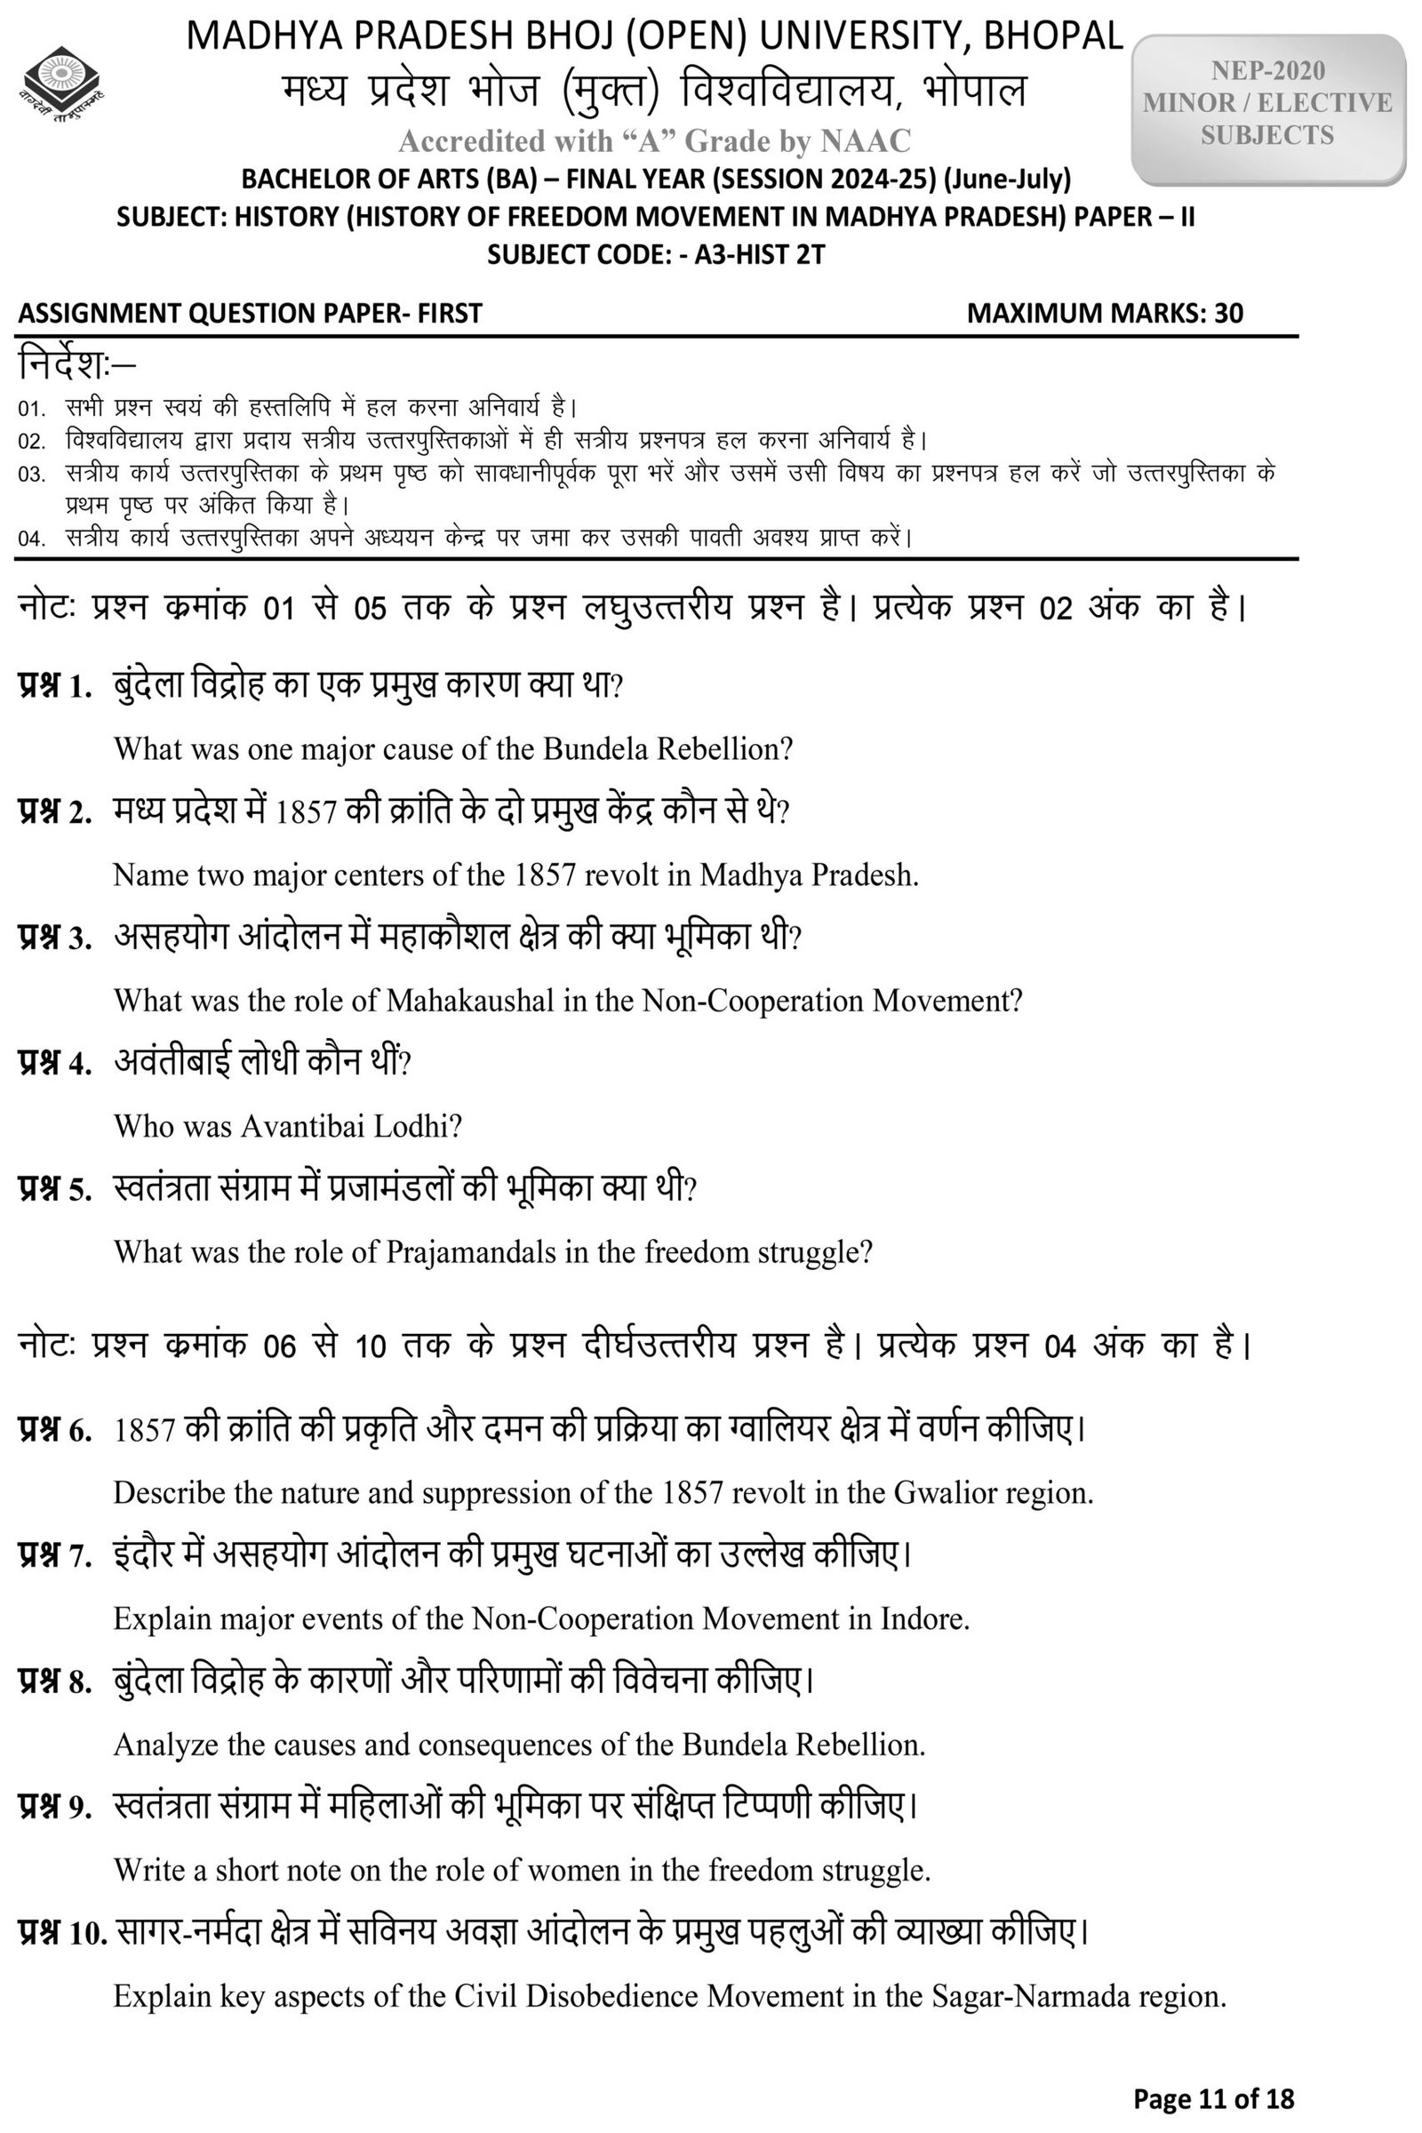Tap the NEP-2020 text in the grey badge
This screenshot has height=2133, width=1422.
(1267, 71)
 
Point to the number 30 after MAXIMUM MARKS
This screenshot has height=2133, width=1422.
(1229, 313)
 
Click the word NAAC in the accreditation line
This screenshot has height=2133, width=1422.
(865, 140)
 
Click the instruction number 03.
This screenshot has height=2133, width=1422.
(31, 475)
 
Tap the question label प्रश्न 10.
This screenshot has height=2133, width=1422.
(61, 1935)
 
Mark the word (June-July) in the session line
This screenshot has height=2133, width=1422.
(1007, 179)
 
